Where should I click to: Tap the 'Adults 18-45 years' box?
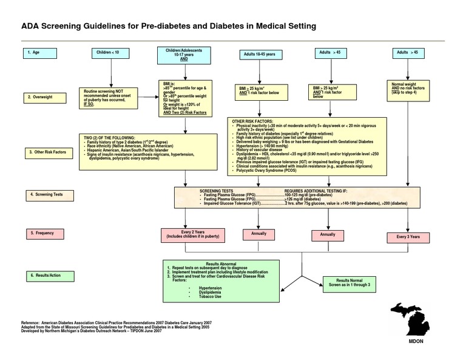pyautogui.click(x=259, y=55)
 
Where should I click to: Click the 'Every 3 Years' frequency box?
pyautogui.click(x=408, y=237)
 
